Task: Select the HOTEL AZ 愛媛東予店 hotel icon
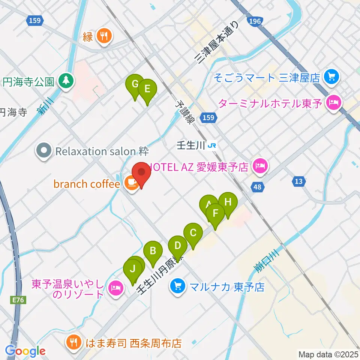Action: (x=260, y=165)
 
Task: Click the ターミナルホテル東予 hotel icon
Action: (x=333, y=102)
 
